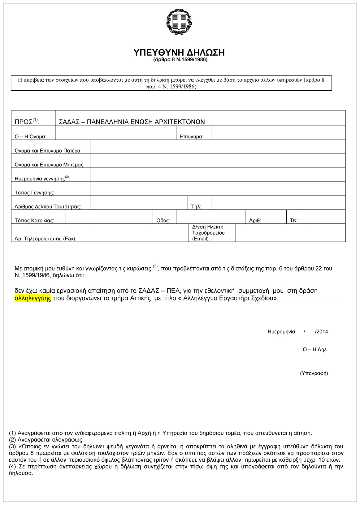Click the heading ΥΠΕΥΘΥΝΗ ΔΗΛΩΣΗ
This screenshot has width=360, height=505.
[179, 53]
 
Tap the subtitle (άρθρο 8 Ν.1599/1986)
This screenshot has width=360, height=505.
[180, 60]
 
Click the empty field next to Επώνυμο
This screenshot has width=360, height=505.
[278, 133]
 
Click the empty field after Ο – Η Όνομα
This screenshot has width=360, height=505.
[115, 133]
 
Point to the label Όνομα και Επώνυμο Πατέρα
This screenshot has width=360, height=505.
[48, 151]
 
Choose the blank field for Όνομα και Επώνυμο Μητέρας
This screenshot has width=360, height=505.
[217, 161]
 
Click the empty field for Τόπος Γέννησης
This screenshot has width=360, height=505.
[217, 189]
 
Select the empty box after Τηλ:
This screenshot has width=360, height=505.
[278, 203]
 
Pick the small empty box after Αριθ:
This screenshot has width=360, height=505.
[277, 217]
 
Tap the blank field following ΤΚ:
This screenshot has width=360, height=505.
[324, 217]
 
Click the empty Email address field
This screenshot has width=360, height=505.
[290, 233]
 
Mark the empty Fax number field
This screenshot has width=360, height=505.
[138, 233]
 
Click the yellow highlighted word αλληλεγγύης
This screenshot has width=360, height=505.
[33, 298]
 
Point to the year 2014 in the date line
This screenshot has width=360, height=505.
[322, 332]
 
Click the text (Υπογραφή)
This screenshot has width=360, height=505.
[314, 373]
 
